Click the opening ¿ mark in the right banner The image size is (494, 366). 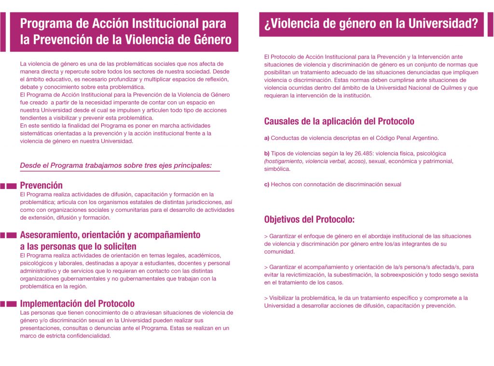click(267, 24)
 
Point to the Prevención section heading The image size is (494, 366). click(41, 185)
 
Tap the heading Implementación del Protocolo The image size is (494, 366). click(77, 304)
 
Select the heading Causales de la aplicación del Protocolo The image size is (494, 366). click(339, 122)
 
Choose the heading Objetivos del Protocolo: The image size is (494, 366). click(309, 219)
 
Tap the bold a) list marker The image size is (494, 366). click(267, 138)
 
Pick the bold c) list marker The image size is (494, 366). click(267, 184)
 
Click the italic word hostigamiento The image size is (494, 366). click(286, 161)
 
